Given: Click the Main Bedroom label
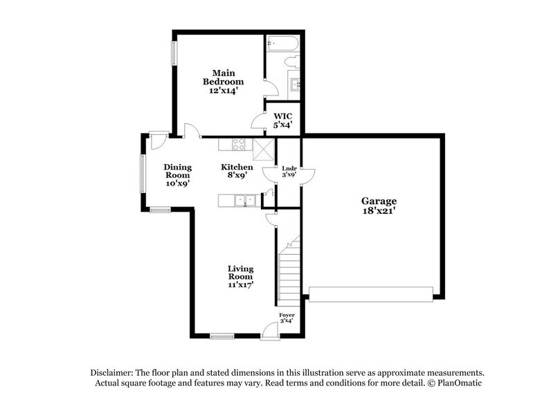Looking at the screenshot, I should (x=224, y=82).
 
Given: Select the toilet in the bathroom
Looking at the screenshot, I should (x=292, y=62).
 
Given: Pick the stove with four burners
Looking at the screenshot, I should (x=239, y=144).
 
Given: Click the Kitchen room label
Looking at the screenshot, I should (x=233, y=171).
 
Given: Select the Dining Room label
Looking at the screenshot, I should (x=177, y=175).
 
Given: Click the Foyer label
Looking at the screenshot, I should (x=287, y=318).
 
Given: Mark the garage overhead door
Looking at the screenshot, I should (x=372, y=295).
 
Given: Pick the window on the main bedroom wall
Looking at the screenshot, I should (x=174, y=53).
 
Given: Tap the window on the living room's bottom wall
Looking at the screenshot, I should (x=222, y=336).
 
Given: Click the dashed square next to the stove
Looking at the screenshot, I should (x=263, y=148).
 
